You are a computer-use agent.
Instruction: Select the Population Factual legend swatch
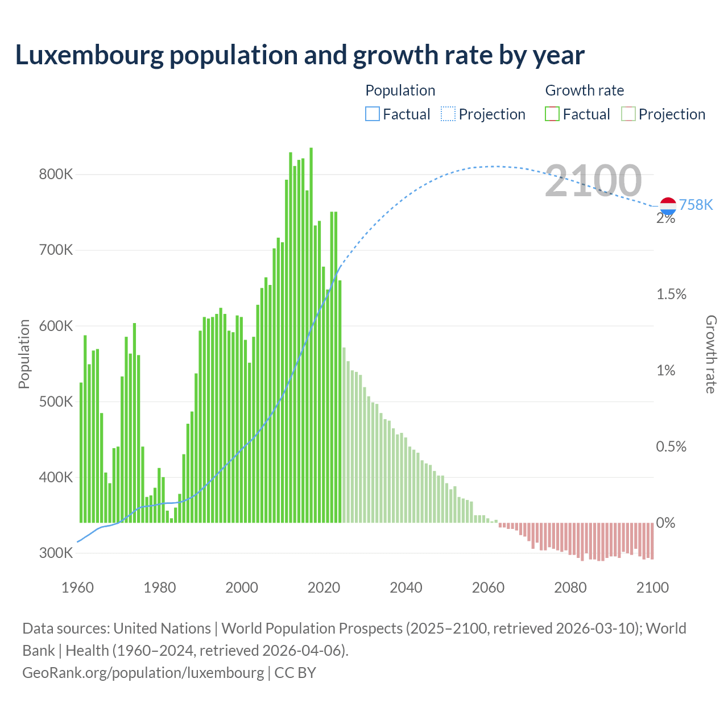coord(372,114)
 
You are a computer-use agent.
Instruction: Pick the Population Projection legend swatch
coord(448,114)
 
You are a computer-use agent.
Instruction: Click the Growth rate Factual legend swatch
coord(552,114)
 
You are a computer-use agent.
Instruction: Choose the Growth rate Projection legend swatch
coord(628,114)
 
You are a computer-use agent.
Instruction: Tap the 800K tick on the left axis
coord(56,175)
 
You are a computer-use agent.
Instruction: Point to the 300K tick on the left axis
coord(56,553)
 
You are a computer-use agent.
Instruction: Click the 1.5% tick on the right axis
coord(671,295)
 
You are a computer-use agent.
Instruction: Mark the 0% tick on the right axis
coord(665,523)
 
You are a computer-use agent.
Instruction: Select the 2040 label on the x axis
coord(406,588)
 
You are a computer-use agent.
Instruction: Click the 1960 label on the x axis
coord(77,588)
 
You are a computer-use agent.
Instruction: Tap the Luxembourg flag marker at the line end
coord(668,206)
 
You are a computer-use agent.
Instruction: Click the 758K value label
coord(696,205)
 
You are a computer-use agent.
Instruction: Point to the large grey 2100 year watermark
coord(593,181)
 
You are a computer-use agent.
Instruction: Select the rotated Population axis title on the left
coord(24,354)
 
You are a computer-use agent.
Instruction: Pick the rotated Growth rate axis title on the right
coord(710,354)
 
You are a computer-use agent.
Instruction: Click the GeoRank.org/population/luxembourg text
coord(143,673)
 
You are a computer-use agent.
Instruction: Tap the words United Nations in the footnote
coord(162,628)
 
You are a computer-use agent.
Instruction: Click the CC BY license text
coord(295,673)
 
